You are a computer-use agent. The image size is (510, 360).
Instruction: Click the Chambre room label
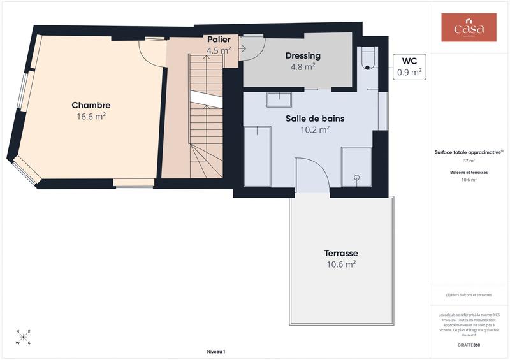[91, 105]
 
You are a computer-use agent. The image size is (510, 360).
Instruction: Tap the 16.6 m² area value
[91, 117]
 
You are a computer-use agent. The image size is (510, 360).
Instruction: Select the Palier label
[219, 40]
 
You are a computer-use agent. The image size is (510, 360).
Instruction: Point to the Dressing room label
[303, 55]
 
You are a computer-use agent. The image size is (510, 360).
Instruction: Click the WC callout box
[409, 66]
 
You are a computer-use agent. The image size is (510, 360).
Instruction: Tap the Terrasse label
[340, 252]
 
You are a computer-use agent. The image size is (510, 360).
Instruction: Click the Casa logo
[469, 28]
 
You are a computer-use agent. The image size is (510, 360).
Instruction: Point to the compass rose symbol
[23, 336]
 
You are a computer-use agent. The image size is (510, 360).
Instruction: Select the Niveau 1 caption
[216, 352]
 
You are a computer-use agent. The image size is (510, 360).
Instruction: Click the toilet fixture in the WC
[368, 59]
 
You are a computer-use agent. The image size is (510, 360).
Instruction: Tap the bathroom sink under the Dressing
[279, 99]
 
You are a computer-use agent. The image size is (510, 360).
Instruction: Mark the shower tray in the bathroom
[356, 167]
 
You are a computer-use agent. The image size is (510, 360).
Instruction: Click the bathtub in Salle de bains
[258, 156]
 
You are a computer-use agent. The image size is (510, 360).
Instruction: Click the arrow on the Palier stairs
[242, 48]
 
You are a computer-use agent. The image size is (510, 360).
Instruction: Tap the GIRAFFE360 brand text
[469, 344]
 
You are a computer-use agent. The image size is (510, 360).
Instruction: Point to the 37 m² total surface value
[469, 161]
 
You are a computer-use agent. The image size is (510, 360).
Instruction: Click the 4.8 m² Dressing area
[303, 66]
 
